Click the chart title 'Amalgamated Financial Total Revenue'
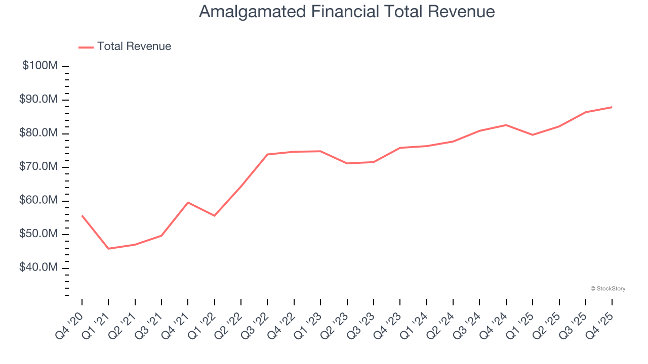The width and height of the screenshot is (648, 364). (x=347, y=11)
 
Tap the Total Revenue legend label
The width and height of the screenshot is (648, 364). (x=134, y=47)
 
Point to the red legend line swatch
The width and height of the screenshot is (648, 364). (x=86, y=47)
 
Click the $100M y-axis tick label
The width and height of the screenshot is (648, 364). (x=40, y=66)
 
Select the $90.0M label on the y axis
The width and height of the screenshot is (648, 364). (x=39, y=100)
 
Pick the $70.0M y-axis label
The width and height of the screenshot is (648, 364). (x=39, y=167)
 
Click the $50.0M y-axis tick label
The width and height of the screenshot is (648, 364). (x=39, y=234)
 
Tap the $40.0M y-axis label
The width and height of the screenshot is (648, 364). (x=39, y=267)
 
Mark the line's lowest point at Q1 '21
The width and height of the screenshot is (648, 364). (x=108, y=248)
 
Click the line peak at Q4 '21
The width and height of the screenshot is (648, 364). (x=188, y=202)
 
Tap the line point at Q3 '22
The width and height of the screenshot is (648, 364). (x=267, y=154)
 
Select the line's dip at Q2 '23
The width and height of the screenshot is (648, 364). (x=347, y=163)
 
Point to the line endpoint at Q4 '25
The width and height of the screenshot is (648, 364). (x=612, y=107)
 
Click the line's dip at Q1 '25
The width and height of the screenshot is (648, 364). (x=532, y=134)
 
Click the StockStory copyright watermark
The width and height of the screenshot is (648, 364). (x=607, y=289)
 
